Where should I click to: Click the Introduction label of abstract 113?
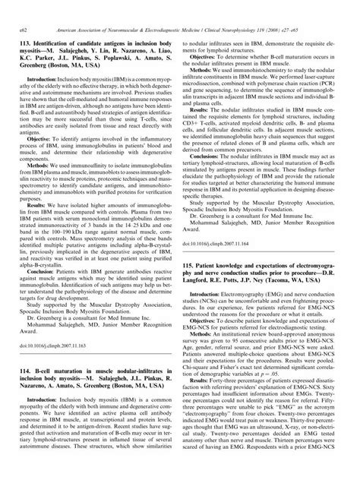pyautogui.click(x=43, y=58)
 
